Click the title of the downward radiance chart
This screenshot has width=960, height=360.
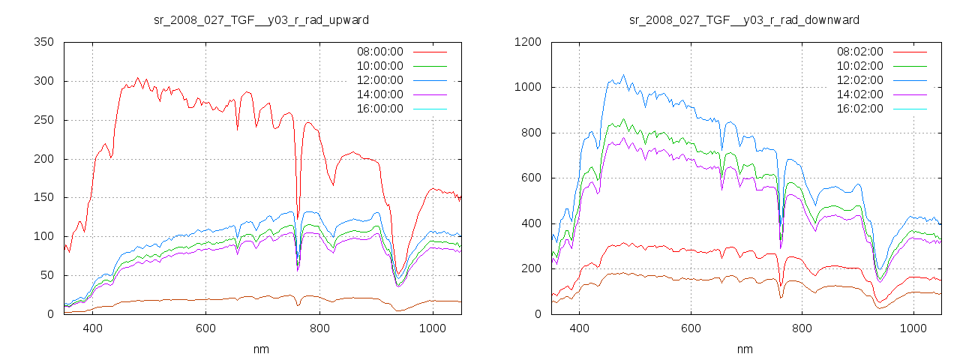pyautogui.click(x=744, y=19)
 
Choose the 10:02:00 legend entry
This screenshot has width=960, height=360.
pyautogui.click(x=859, y=66)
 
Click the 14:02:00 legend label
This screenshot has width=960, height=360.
pyautogui.click(x=859, y=94)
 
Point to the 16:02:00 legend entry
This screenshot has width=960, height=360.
pyautogui.click(x=859, y=109)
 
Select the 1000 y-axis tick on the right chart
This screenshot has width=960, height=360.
pyautogui.click(x=529, y=88)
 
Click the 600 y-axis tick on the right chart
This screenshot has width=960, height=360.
pyautogui.click(x=532, y=178)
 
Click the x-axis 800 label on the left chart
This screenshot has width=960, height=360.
pyautogui.click(x=319, y=328)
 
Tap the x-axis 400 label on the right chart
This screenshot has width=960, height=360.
pyautogui.click(x=579, y=328)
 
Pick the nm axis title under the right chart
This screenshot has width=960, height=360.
pyautogui.click(x=744, y=349)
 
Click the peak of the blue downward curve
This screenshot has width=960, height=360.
pyautogui.click(x=623, y=75)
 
